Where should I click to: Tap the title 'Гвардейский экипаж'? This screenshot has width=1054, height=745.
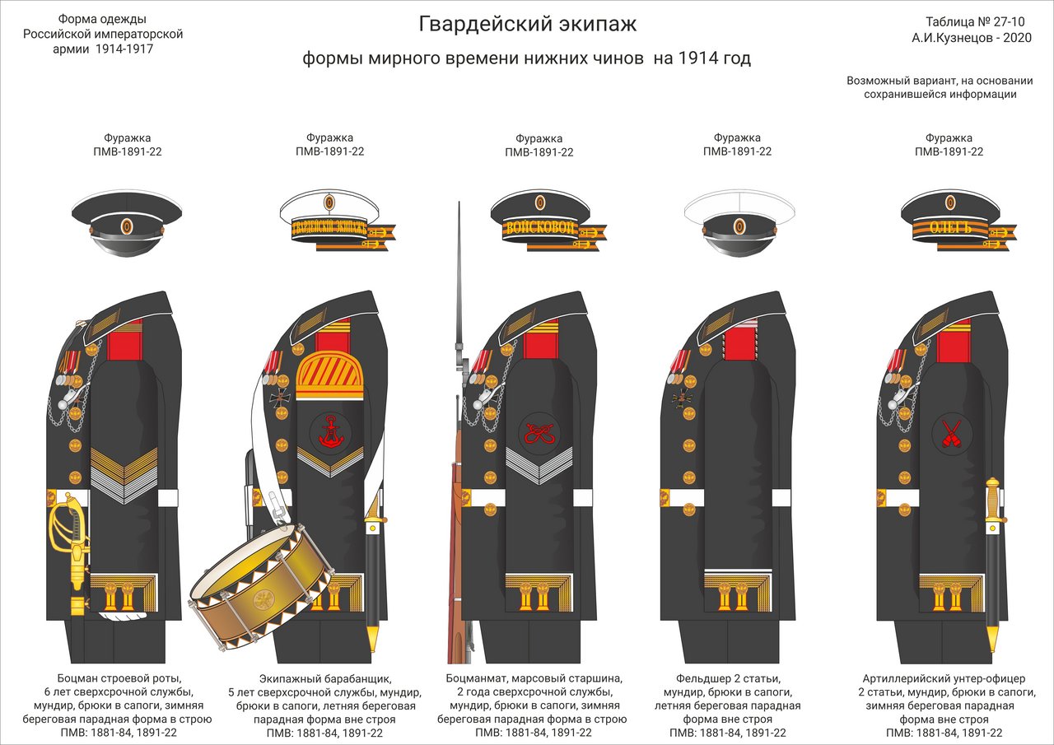[527, 25]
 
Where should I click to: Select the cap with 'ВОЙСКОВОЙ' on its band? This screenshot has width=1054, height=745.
[539, 220]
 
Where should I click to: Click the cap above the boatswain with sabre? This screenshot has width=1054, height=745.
[126, 216]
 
